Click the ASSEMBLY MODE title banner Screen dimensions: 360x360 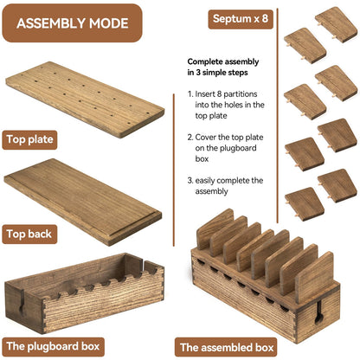[x=72, y=23]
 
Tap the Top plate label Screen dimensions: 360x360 [x=29, y=140]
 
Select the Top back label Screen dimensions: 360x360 [x=29, y=234]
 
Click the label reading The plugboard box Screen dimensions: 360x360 [x=53, y=346]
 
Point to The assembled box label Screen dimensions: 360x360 [x=227, y=347]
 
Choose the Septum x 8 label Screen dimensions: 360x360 [x=241, y=19]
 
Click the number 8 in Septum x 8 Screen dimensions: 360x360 [x=265, y=19]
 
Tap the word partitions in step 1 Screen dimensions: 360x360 [x=240, y=94]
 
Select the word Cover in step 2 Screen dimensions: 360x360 [x=205, y=138]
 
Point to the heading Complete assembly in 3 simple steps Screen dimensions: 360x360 [x=223, y=67]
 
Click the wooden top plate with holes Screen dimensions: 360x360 [x=85, y=99]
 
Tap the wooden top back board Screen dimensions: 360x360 [x=83, y=202]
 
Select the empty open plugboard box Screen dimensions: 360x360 [x=85, y=293]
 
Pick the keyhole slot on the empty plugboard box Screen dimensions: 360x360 [x=22, y=305]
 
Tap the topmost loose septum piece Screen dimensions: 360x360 [x=336, y=24]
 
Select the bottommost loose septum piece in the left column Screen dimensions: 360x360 [x=305, y=204]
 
